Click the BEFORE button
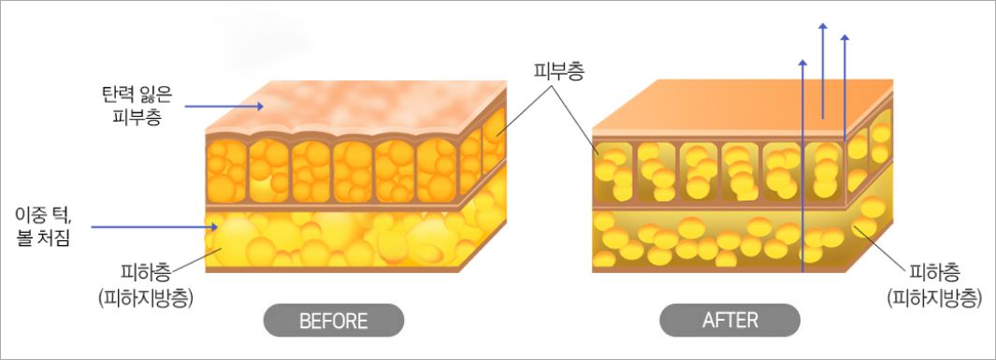click(334, 320)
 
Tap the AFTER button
click(729, 320)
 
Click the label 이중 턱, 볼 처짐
click(41, 230)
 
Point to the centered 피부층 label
click(558, 71)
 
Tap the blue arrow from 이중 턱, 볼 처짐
click(155, 226)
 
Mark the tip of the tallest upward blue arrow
click(823, 24)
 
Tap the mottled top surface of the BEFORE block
click(355, 106)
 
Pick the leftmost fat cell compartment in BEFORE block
click(226, 171)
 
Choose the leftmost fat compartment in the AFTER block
click(613, 172)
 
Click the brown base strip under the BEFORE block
click(332, 269)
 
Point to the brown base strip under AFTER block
click(718, 269)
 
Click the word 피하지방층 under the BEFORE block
click(147, 298)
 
